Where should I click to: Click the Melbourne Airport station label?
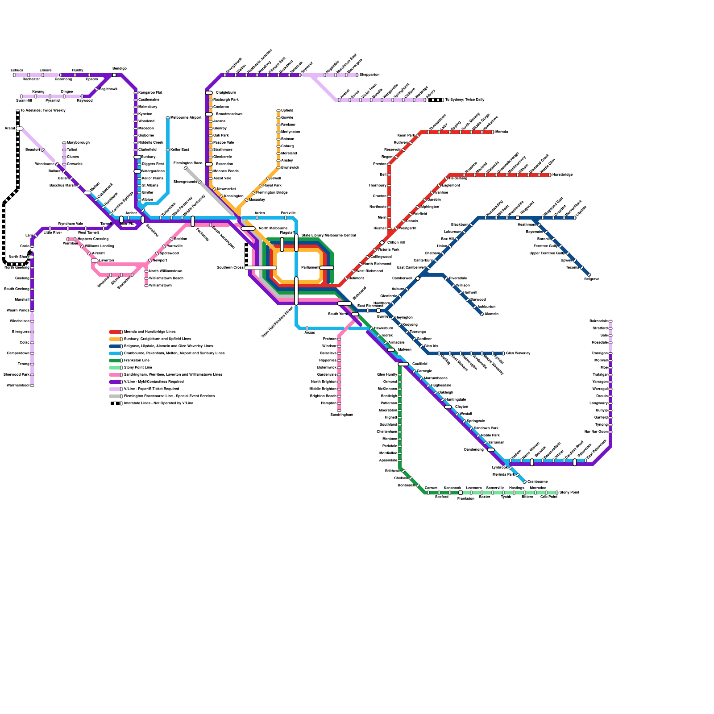186,118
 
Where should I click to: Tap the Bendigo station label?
120,69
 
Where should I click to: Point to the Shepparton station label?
369,75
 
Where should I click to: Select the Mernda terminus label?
502,132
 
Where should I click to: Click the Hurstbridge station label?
562,175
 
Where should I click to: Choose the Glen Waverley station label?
518,353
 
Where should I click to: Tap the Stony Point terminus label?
569,493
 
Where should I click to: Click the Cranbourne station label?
537,482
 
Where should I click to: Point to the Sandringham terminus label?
341,415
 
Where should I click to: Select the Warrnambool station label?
18,386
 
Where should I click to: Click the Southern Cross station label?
230,268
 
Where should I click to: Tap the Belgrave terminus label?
592,279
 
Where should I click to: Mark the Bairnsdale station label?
598,321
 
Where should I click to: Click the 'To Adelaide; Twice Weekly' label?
43,111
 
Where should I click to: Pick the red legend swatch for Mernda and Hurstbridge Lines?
115,332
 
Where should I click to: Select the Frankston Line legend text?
137,361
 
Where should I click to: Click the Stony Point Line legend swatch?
115,368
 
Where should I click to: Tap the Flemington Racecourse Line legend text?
169,396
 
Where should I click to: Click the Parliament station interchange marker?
327,268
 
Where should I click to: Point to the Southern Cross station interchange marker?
261,268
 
